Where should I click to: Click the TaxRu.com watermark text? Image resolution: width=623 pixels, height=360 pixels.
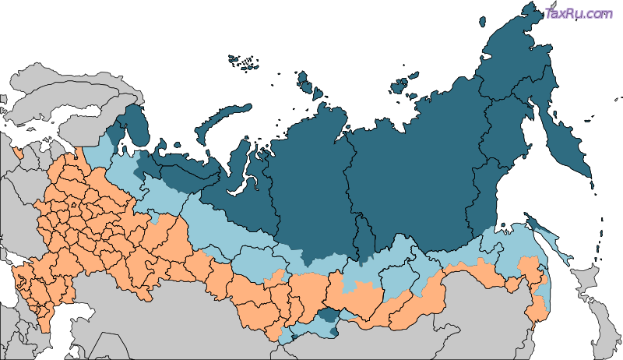(579, 13)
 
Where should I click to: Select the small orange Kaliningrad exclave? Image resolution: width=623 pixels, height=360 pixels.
(17, 148)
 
